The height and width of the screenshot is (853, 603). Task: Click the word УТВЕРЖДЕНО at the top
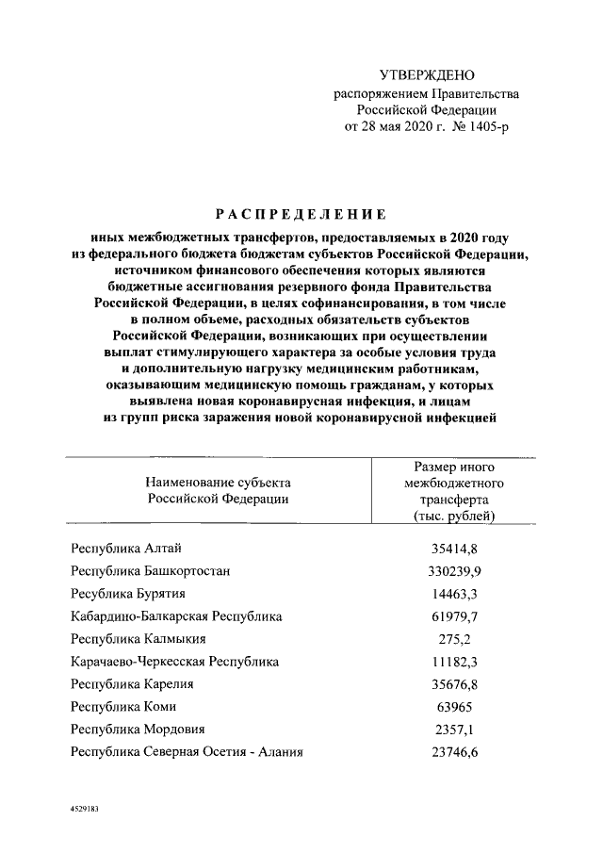(426, 75)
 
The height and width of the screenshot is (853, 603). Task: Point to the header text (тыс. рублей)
(454, 517)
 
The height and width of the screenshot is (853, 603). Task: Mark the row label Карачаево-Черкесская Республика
(174, 662)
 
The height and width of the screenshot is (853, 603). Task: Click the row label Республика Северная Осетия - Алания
(187, 751)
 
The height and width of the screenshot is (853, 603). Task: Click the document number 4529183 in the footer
(84, 809)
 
